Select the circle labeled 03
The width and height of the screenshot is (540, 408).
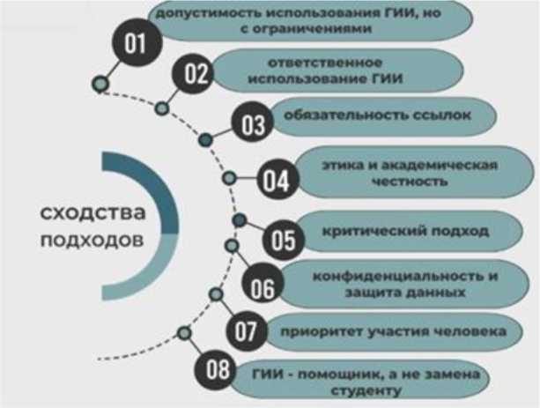pos(252,124)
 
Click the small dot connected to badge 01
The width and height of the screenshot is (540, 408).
pos(100,84)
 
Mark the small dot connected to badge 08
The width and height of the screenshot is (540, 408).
pos(184,332)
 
